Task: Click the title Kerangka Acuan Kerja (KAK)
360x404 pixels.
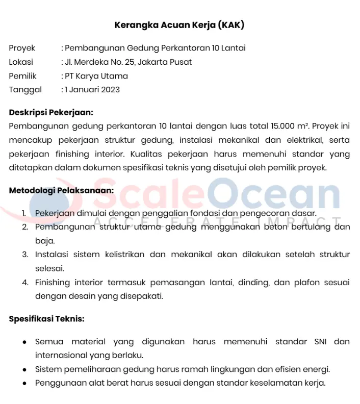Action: pos(179,24)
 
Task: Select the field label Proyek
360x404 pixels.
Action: pos(22,48)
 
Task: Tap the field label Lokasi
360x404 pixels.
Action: pos(21,62)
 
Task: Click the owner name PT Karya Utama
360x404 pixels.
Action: pos(96,76)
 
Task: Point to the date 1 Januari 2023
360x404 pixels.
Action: pos(92,90)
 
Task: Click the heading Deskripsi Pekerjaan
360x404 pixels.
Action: pos(52,112)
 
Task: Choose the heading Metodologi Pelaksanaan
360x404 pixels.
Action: pos(61,191)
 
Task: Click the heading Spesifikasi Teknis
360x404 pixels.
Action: pos(47,319)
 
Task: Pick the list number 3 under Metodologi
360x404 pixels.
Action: pos(25,254)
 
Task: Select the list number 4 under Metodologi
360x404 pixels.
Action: pos(25,282)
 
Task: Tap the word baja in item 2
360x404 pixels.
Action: pos(44,240)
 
